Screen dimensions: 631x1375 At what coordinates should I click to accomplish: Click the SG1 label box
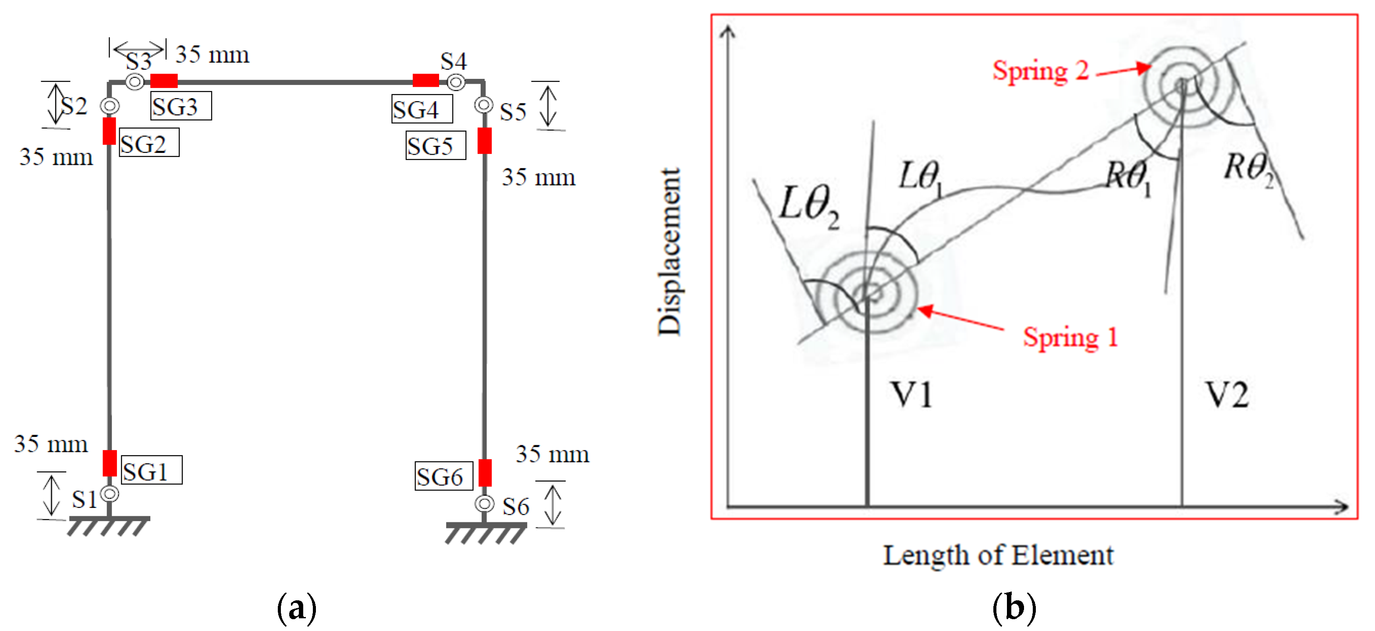tap(152, 470)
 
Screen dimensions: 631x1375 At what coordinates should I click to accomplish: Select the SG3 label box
tap(181, 106)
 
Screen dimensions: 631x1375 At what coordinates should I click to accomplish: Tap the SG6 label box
tap(443, 476)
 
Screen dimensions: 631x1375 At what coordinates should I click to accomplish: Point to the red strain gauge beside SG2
tap(110, 131)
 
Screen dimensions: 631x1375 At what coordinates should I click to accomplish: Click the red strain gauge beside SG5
tap(484, 141)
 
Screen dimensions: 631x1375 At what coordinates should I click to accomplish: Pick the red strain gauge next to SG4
tap(425, 81)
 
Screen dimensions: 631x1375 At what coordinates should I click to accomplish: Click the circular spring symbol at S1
tap(110, 494)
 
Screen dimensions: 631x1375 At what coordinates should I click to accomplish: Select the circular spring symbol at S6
tap(484, 503)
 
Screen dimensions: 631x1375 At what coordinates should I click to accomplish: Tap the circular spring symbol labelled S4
tap(456, 82)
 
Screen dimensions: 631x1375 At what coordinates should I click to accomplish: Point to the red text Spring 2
tap(1040, 71)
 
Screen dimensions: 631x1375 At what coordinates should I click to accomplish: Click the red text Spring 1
tap(1070, 337)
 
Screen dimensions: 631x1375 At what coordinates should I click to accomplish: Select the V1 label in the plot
tap(911, 396)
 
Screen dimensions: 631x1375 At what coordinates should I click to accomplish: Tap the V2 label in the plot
tap(1227, 396)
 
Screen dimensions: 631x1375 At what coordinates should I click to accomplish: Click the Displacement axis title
tap(670, 252)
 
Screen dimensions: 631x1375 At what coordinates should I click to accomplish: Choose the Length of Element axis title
tap(998, 555)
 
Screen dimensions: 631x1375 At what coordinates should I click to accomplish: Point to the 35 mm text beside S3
tap(213, 54)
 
